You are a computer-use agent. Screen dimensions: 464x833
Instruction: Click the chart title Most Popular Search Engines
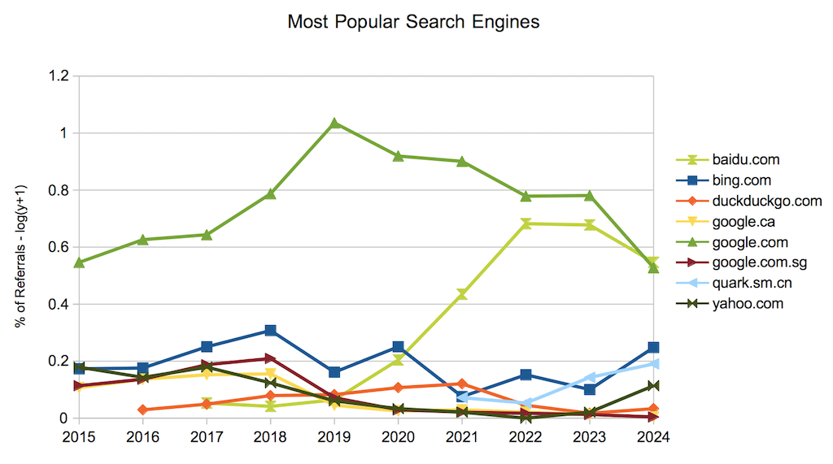(413, 22)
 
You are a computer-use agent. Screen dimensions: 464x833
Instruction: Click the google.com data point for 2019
(334, 124)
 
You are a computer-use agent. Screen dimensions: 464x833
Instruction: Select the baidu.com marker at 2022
(526, 223)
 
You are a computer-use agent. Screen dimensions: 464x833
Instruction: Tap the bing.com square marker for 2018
(270, 331)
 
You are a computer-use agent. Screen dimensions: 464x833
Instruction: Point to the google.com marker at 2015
(79, 262)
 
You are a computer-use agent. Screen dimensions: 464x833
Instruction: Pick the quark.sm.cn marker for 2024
(652, 364)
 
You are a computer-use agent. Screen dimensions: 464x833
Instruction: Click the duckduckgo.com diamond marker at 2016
(142, 410)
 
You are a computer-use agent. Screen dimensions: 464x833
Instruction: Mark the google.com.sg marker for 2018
(270, 358)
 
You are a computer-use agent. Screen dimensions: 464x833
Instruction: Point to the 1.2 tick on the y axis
(60, 76)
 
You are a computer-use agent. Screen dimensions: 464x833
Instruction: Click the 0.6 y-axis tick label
(60, 247)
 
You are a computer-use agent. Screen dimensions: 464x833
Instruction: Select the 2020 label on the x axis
(398, 436)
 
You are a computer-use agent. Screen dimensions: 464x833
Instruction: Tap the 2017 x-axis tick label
(207, 436)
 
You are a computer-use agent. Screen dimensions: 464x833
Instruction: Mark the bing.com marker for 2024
(652, 347)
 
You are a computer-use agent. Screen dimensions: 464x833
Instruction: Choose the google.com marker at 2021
(462, 161)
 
